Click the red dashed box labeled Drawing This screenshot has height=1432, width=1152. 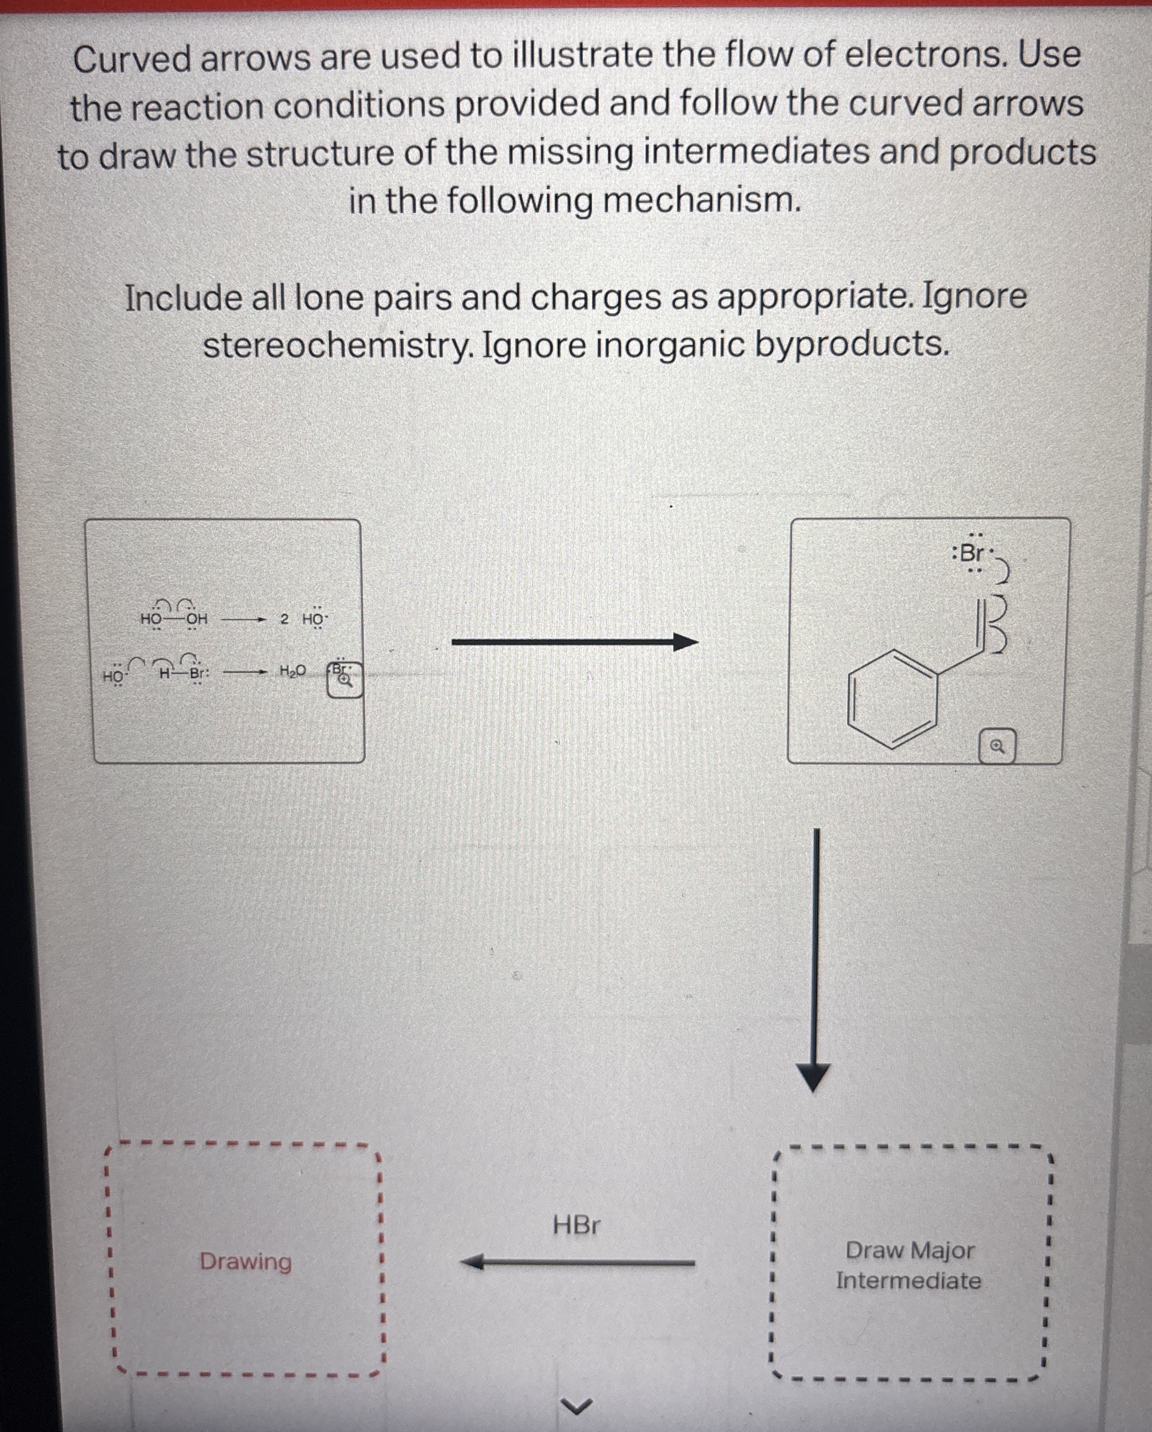click(246, 1260)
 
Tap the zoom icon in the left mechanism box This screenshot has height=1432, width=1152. click(345, 679)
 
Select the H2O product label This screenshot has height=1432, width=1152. click(292, 671)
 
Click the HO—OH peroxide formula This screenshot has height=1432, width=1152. click(174, 619)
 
